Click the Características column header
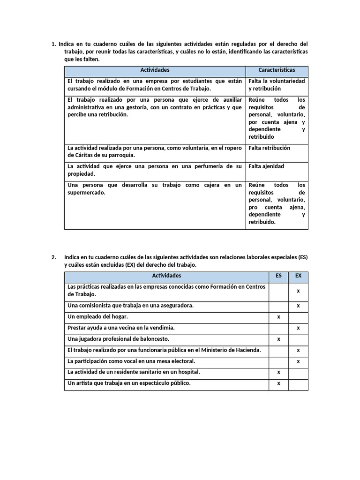pos(277,70)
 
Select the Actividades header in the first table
pos(155,70)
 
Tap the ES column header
pos(278,276)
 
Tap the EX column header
pos(298,276)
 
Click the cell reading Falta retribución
pos(270,148)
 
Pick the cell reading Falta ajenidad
pos(266,166)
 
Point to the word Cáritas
pos(78,155)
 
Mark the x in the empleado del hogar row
pos(278,317)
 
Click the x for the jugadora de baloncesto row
pos(278,339)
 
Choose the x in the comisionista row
pos(298,306)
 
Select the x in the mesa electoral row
pos(298,361)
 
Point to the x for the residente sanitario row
pos(278,372)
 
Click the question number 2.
pos(54,257)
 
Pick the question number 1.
pos(53,45)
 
